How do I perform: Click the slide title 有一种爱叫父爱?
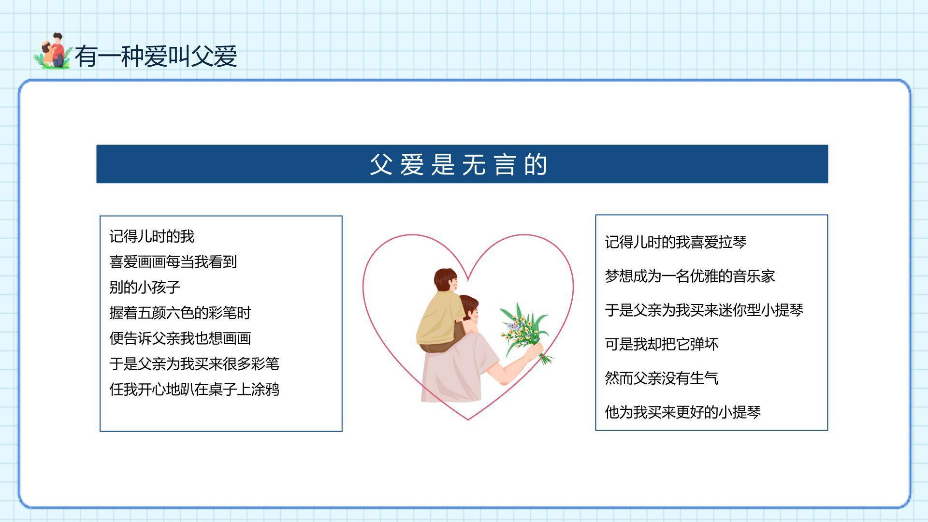pyautogui.click(x=156, y=57)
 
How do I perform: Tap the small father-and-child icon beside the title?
pyautogui.click(x=52, y=51)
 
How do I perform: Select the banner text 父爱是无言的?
pyautogui.click(x=458, y=164)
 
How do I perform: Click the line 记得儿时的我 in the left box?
pyautogui.click(x=152, y=236)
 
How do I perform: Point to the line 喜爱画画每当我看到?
pyautogui.click(x=173, y=262)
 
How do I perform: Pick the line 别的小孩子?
pyautogui.click(x=145, y=287)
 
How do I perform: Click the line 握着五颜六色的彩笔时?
pyautogui.click(x=180, y=313)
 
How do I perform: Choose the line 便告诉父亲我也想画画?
pyautogui.click(x=180, y=338)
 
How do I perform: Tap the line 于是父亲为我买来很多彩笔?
pyautogui.click(x=194, y=363)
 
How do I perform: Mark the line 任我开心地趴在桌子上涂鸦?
pyautogui.click(x=194, y=389)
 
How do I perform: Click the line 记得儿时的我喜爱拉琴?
pyautogui.click(x=675, y=242)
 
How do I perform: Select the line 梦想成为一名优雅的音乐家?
pyautogui.click(x=690, y=276)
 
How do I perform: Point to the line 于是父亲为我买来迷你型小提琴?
pyautogui.click(x=704, y=310)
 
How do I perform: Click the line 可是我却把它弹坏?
pyautogui.click(x=661, y=344)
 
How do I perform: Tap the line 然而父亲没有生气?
pyautogui.click(x=661, y=378)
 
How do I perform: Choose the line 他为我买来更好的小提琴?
pyautogui.click(x=682, y=412)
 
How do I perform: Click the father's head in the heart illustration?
pyautogui.click(x=469, y=309)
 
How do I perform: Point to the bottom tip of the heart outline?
pyautogui.click(x=468, y=419)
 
